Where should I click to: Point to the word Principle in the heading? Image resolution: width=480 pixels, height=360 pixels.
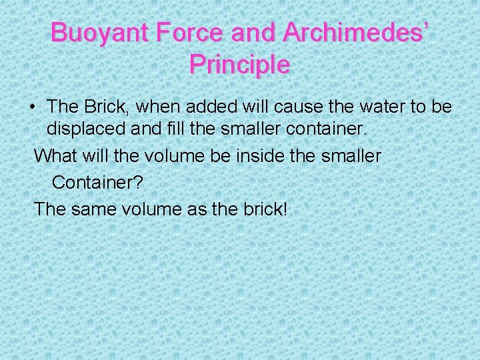pyautogui.click(x=239, y=65)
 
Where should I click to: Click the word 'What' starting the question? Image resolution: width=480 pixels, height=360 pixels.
pyautogui.click(x=55, y=157)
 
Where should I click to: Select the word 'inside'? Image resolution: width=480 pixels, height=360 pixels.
pyautogui.click(x=258, y=157)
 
